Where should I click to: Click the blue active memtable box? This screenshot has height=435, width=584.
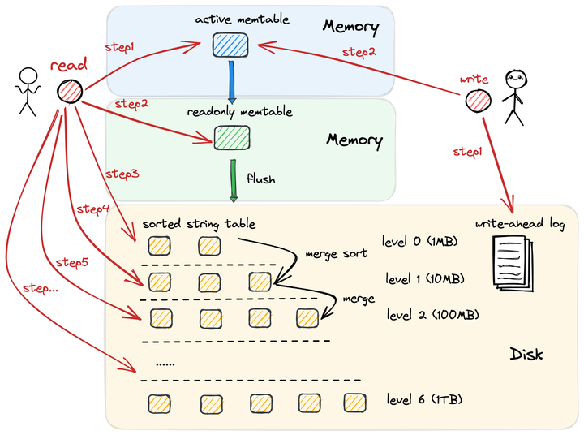[224, 45]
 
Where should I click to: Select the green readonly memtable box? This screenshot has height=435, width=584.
[225, 137]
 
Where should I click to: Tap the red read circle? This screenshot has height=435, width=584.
[69, 92]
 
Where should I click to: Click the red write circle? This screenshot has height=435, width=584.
[478, 101]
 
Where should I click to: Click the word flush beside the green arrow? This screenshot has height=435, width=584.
[260, 179]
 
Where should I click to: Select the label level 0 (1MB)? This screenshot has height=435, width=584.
[423, 241]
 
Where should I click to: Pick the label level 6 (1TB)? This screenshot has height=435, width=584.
[424, 400]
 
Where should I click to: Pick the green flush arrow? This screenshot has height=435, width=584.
[234, 183]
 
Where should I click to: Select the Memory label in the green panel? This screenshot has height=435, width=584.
[354, 140]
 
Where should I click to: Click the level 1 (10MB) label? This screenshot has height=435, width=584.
[425, 279]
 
